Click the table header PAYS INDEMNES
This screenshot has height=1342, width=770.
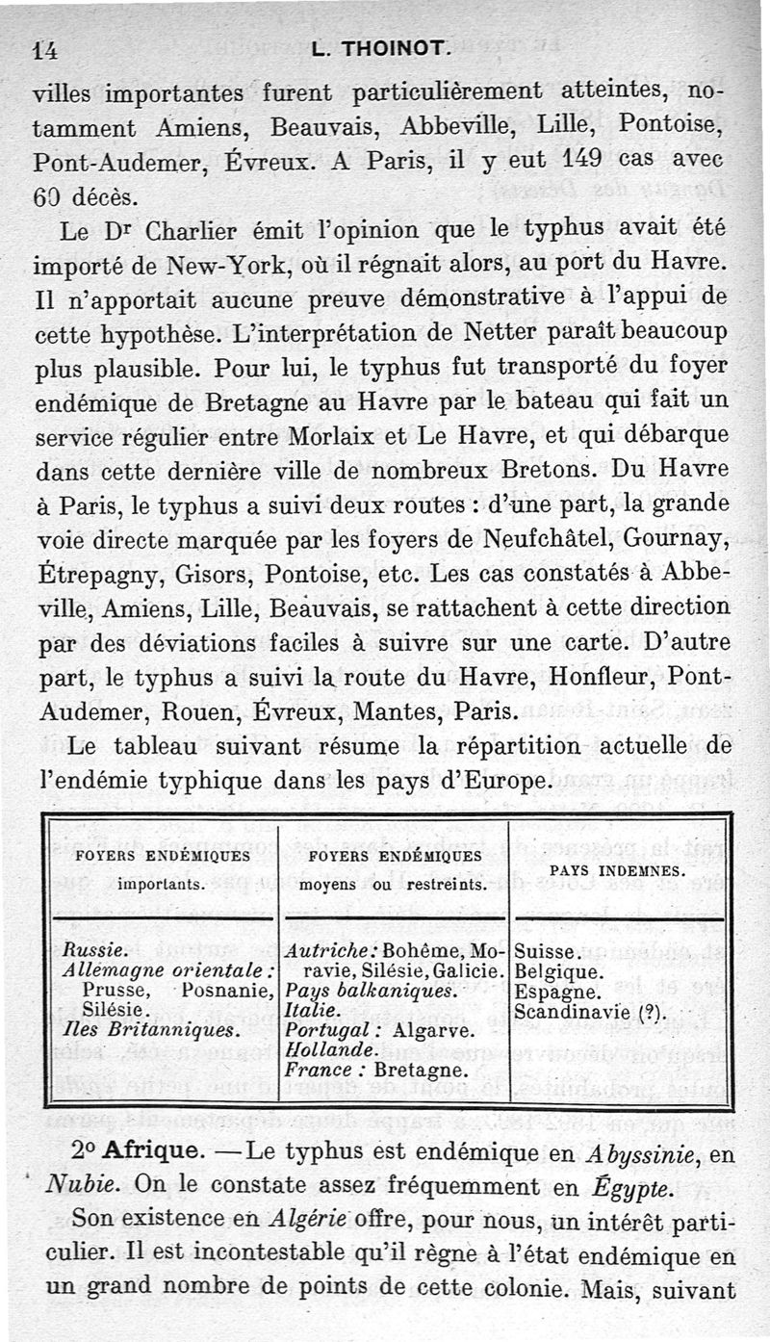click(617, 870)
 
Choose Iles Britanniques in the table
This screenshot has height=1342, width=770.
click(147, 1030)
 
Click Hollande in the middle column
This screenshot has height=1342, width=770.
click(325, 1049)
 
